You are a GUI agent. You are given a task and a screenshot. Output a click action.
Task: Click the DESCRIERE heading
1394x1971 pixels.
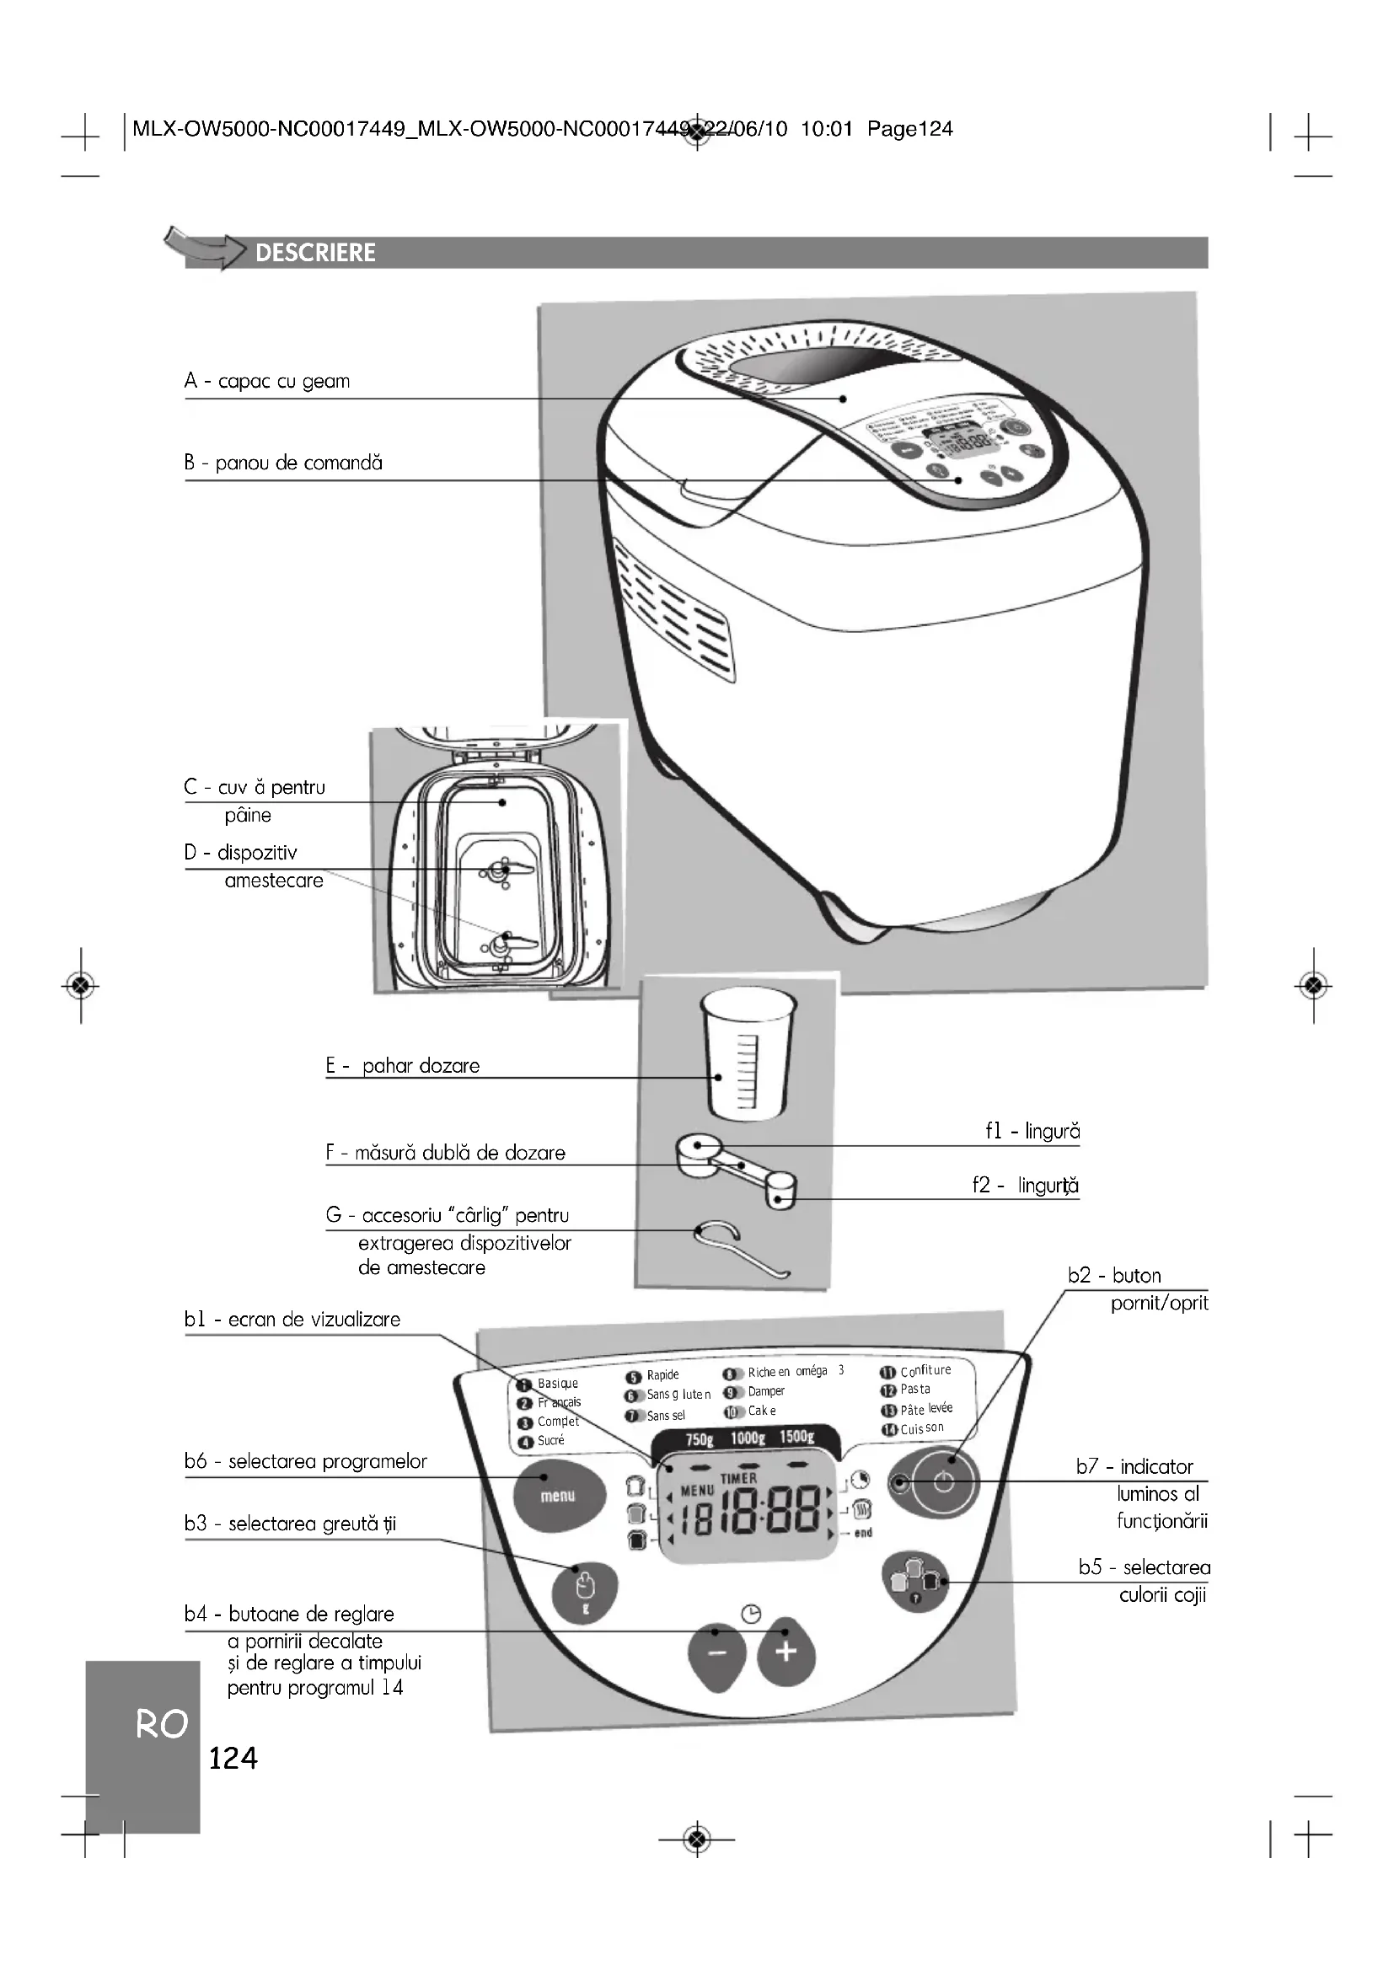click(x=315, y=253)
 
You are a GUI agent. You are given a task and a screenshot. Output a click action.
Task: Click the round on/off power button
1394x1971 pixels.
click(x=943, y=1481)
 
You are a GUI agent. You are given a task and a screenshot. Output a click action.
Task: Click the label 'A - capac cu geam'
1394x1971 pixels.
click(x=267, y=381)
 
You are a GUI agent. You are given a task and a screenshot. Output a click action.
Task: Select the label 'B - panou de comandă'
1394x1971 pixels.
click(x=283, y=463)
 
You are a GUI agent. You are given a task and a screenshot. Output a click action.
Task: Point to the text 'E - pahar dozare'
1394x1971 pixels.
click(x=403, y=1066)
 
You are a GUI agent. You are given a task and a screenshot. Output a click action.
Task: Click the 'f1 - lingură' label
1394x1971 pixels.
click(x=1032, y=1132)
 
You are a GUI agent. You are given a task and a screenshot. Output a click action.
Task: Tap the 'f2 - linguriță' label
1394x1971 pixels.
click(x=1025, y=1186)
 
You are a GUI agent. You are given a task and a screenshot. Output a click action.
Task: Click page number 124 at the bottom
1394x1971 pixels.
click(x=233, y=1759)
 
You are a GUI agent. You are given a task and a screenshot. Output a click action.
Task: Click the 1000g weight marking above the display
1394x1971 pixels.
click(x=748, y=1438)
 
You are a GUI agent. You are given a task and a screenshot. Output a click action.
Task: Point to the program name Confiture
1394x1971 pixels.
click(x=925, y=1371)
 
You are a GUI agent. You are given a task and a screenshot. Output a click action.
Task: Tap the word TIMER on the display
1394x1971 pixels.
click(x=738, y=1478)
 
